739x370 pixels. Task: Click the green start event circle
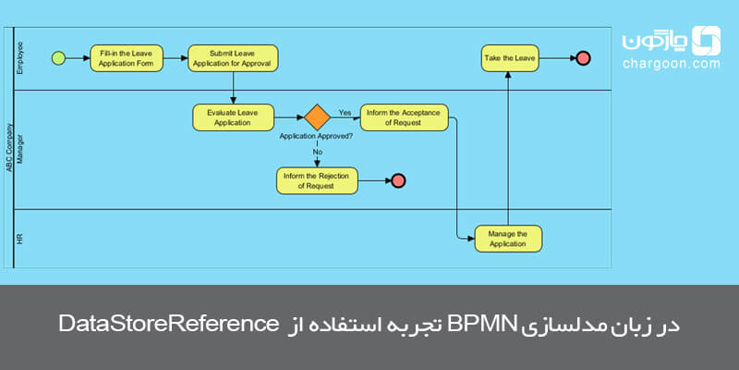point(58,58)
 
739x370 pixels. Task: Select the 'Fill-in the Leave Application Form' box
point(127,58)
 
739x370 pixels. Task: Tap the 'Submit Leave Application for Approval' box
point(233,58)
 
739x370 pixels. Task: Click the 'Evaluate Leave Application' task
point(233,117)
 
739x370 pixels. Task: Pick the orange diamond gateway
point(318,117)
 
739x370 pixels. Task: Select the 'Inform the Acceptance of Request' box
point(404,117)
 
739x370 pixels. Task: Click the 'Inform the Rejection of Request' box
point(317,180)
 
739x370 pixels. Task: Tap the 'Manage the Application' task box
point(508,239)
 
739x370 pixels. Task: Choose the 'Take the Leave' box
point(509,58)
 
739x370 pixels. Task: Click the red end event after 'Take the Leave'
point(583,58)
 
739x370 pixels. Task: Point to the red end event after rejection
point(398,180)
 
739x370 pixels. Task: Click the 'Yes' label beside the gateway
point(345,113)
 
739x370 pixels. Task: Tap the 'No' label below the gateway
point(318,152)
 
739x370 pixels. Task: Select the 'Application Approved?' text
point(316,135)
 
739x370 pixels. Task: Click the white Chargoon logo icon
point(707,40)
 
